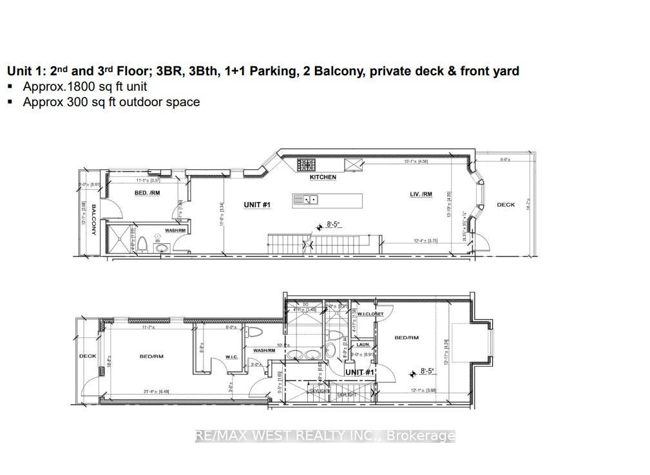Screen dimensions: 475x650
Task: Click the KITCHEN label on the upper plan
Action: tap(323, 177)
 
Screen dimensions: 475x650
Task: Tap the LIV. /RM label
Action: tap(421, 194)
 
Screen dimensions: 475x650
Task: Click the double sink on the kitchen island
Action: tap(303, 200)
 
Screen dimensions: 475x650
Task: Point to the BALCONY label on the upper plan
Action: tap(93, 219)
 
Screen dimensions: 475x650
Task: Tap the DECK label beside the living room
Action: tap(506, 205)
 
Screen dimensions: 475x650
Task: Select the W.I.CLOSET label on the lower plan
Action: tap(370, 314)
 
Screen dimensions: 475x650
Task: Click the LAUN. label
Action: tap(364, 344)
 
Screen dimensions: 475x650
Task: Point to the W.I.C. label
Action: tap(232, 357)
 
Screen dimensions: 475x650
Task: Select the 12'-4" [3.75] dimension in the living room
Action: tap(426, 241)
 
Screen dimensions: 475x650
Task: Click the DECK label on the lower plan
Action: tap(87, 356)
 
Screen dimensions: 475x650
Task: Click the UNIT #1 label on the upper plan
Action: tap(256, 205)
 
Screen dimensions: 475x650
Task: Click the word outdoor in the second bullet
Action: tap(124, 102)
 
